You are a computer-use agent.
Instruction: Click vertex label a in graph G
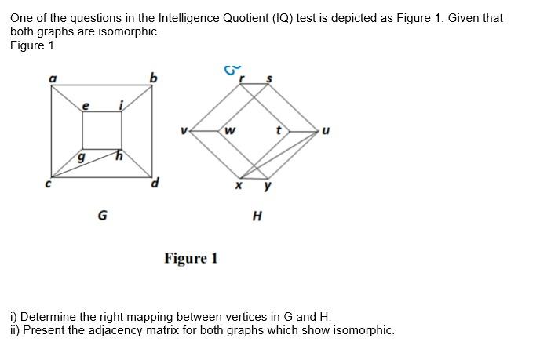(x=53, y=78)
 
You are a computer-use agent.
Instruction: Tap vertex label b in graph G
(x=154, y=77)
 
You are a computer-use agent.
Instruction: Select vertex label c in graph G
(x=48, y=184)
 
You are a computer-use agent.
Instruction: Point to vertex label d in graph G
(x=155, y=184)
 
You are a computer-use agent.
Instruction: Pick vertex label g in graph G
(x=80, y=158)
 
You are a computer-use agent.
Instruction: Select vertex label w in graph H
(x=229, y=130)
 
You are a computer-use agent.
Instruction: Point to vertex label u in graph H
(x=326, y=131)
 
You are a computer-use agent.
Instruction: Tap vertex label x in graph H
(x=239, y=186)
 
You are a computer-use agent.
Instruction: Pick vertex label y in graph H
(x=268, y=187)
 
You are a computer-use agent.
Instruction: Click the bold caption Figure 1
(x=191, y=258)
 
